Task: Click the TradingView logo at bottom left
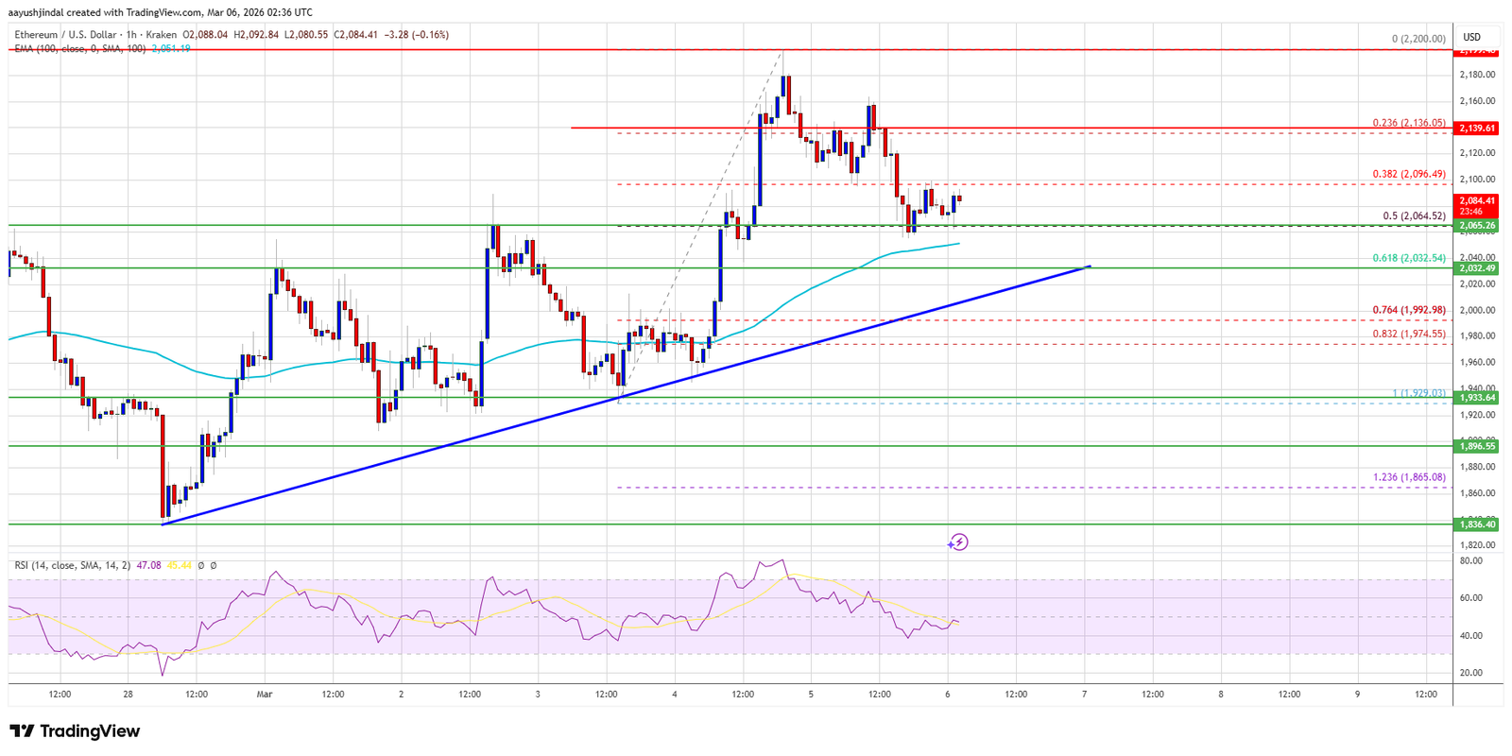(75, 730)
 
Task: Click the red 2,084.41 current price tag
(1477, 200)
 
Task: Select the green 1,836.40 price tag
(1477, 524)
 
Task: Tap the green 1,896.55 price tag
(1477, 446)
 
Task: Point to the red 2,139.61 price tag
(1477, 128)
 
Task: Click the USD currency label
(1471, 38)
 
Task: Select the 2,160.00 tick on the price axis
(1477, 100)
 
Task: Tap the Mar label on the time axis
(265, 694)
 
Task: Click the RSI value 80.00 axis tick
(1470, 560)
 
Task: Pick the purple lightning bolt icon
(958, 541)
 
